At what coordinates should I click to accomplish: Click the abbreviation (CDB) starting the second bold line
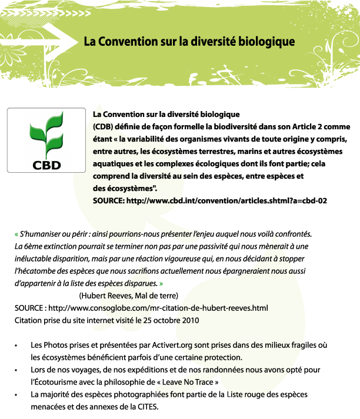click(104, 126)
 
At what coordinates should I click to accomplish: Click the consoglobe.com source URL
click(159, 307)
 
